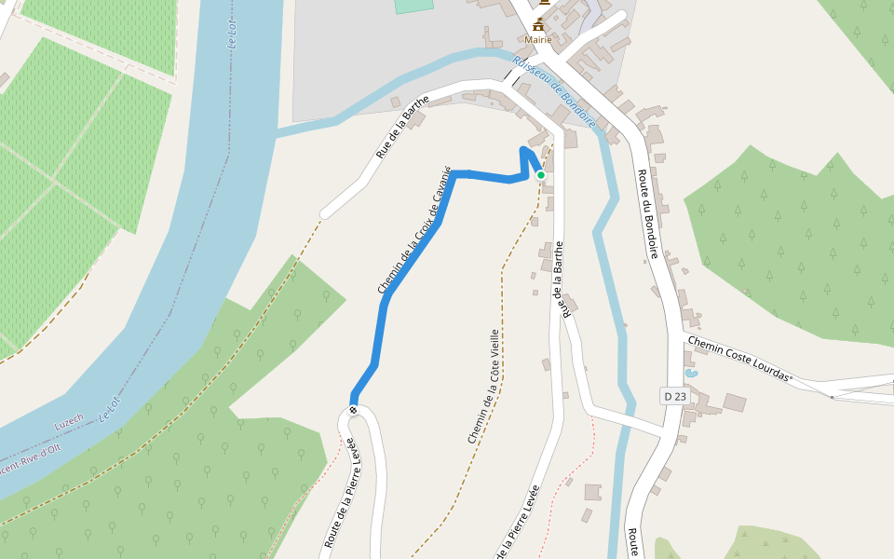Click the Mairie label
[x=538, y=40]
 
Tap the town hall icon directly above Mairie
[x=538, y=25]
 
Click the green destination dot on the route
[x=540, y=174]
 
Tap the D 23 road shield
[x=674, y=396]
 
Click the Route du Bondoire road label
[x=649, y=214]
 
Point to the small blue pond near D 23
[x=690, y=373]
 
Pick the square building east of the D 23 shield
[x=735, y=402]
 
